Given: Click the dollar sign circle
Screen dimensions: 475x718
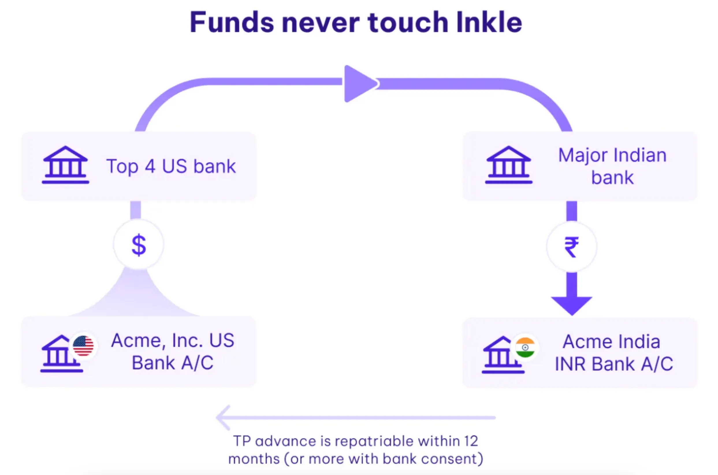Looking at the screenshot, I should click(x=139, y=245).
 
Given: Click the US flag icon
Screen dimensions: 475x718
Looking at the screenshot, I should click(x=83, y=346).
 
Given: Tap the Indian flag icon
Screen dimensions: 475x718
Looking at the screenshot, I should click(x=525, y=347).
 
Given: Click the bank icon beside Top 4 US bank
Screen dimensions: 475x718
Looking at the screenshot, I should click(x=65, y=165).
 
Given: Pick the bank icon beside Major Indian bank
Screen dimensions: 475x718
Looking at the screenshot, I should click(x=508, y=165).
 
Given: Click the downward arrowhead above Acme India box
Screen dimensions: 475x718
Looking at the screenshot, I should click(x=571, y=305).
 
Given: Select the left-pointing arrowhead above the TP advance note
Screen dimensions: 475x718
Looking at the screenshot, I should click(x=223, y=417).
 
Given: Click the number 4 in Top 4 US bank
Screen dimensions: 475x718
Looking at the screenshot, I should click(x=150, y=166).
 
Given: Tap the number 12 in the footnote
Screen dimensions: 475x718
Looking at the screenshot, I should click(x=471, y=441).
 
